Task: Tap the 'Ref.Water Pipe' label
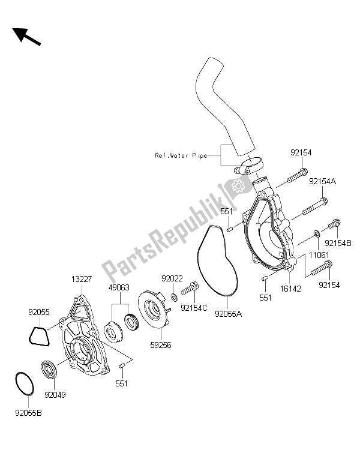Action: (x=181, y=156)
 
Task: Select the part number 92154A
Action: (x=322, y=181)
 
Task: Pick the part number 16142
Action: (x=292, y=288)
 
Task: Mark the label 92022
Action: (x=172, y=278)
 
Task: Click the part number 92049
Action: (x=54, y=396)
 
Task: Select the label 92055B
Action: (x=25, y=412)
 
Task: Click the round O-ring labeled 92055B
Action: (x=23, y=383)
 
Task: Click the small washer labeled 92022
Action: (x=173, y=296)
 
